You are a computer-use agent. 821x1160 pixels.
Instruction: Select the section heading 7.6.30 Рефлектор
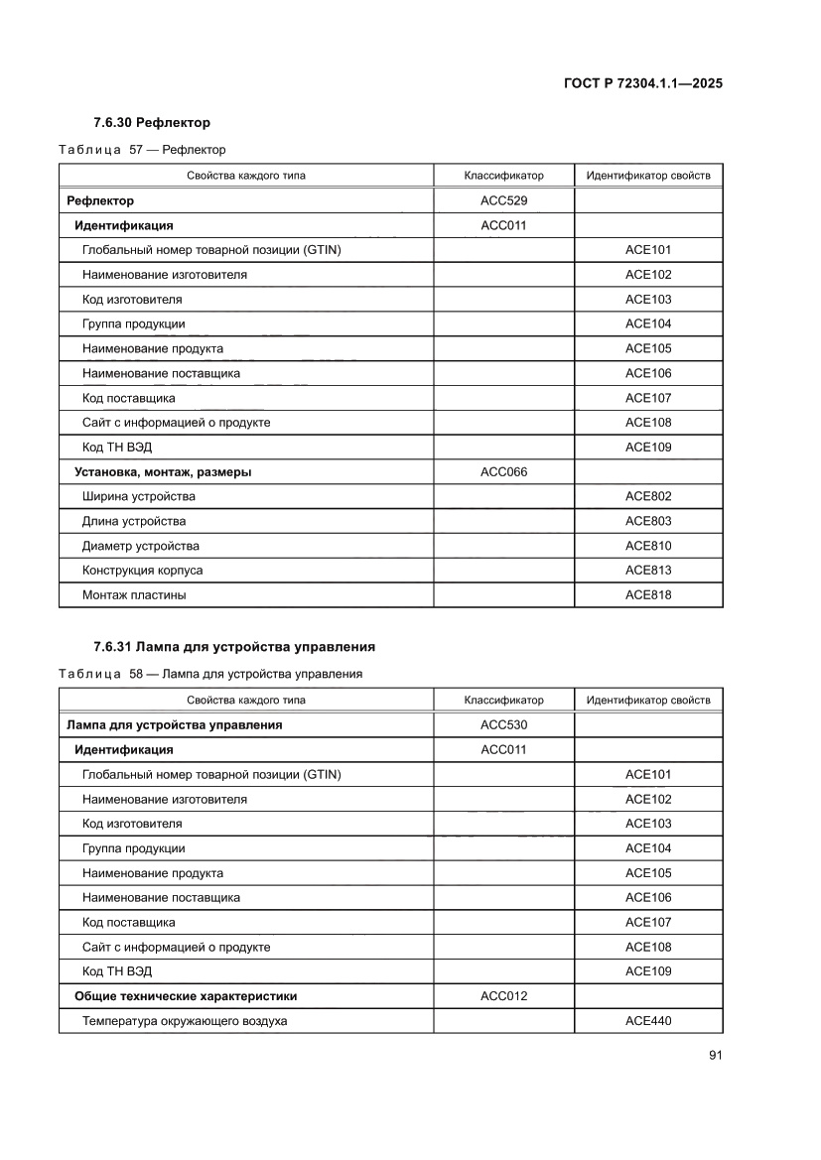point(151,123)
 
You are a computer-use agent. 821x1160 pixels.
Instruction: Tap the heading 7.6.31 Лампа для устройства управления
point(233,647)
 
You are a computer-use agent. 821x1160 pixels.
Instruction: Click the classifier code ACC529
point(503,200)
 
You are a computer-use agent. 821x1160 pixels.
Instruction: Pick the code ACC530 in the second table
point(503,724)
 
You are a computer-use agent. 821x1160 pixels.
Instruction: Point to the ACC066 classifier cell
point(503,471)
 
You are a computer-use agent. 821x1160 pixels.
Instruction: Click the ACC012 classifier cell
point(503,995)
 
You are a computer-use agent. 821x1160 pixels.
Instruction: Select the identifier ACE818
point(648,594)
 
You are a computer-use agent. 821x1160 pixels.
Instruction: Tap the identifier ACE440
point(648,1020)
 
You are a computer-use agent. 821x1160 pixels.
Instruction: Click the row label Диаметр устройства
point(140,546)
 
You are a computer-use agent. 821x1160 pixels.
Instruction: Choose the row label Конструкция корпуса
point(142,571)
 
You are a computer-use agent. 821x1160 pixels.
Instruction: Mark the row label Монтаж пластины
point(134,594)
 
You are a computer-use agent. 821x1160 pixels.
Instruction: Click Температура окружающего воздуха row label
point(185,1020)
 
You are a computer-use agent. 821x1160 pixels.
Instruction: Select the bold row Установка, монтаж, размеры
point(163,471)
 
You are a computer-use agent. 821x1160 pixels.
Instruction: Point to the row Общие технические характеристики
point(186,995)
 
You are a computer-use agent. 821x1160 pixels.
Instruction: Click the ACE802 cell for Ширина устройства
point(648,496)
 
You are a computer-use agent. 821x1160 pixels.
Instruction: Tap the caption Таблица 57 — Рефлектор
point(142,150)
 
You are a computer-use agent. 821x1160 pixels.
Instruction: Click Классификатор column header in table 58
point(503,700)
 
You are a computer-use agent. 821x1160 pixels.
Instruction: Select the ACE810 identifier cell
point(648,546)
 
